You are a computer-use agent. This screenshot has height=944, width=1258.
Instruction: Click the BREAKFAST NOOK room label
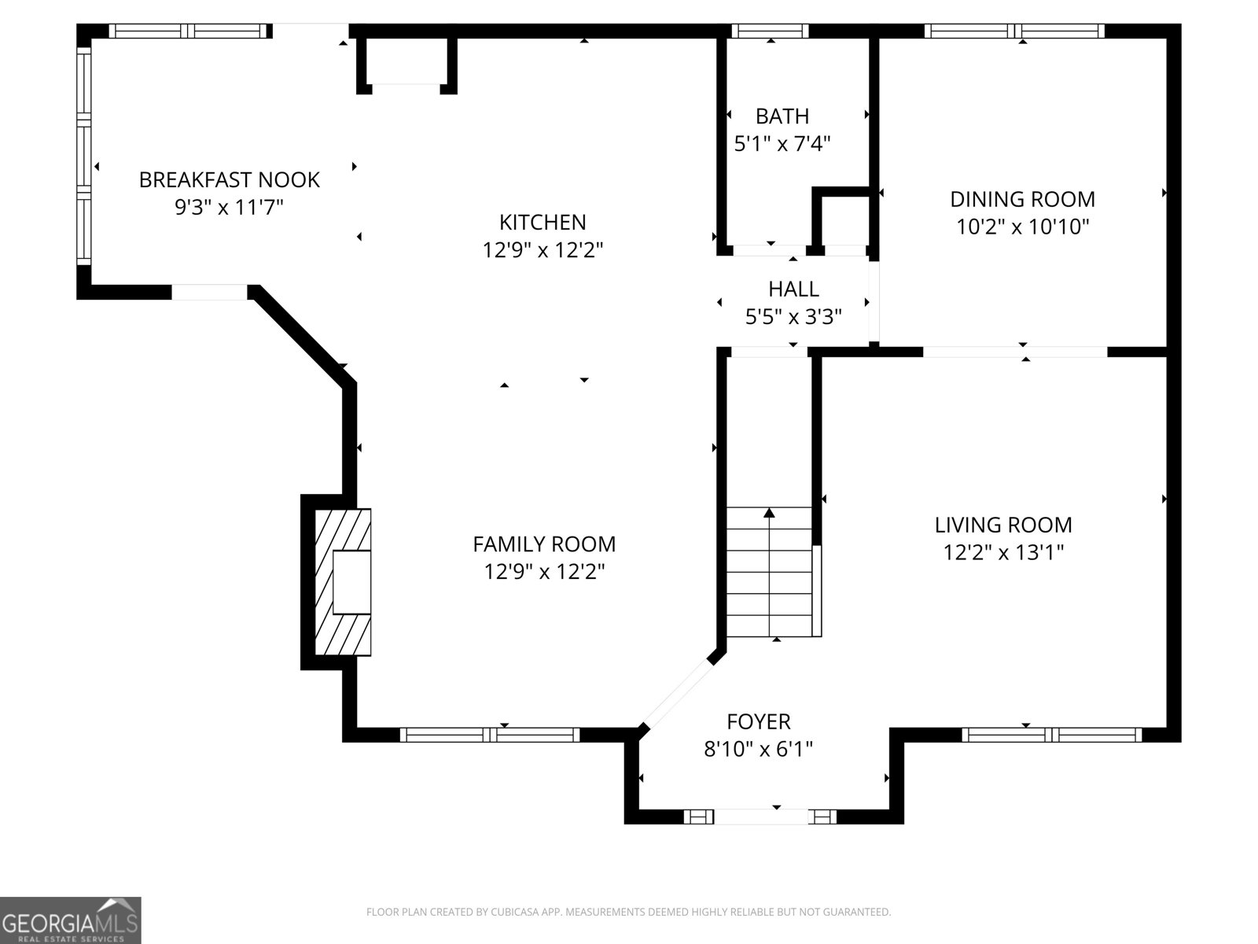tap(229, 179)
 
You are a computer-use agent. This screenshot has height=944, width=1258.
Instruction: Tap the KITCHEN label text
tap(543, 222)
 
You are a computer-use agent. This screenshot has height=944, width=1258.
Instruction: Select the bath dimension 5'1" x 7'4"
tap(782, 144)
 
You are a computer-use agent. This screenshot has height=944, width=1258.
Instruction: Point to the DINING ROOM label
tap(1022, 199)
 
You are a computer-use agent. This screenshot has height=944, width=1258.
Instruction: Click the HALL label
tap(793, 289)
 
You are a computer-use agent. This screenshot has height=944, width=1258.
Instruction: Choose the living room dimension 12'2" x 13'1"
tap(1003, 552)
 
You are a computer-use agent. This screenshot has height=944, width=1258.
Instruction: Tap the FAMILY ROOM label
tap(544, 544)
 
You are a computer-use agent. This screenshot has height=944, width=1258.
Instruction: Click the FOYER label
tap(758, 721)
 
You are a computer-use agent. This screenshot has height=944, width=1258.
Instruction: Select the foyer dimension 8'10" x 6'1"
tap(758, 749)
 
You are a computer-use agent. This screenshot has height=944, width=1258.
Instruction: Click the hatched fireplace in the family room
tap(343, 582)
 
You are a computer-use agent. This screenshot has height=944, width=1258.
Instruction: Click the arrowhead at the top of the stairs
tap(769, 513)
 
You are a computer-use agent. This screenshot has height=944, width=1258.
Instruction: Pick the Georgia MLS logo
tap(70, 920)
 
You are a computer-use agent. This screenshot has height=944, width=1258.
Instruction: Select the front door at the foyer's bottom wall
tap(760, 817)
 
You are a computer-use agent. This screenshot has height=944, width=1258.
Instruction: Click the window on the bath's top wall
tap(770, 31)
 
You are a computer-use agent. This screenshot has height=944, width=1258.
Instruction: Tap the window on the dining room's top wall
tap(1014, 31)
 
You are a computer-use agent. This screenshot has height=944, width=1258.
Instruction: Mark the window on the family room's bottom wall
tap(490, 735)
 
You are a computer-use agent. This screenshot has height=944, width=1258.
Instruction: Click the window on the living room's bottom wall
tap(1051, 735)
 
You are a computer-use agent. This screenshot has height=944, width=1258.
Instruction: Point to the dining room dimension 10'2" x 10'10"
tap(1022, 227)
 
